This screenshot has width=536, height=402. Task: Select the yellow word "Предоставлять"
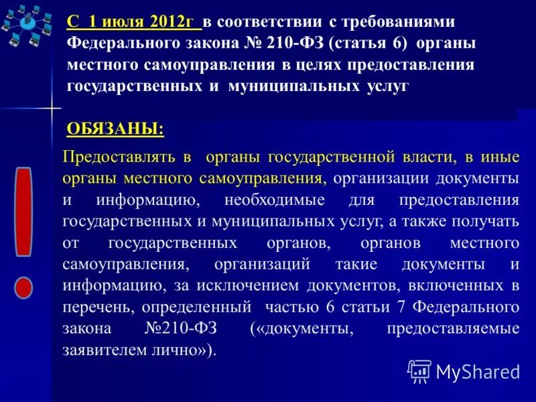[119, 158]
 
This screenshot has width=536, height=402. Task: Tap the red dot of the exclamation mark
[23, 288]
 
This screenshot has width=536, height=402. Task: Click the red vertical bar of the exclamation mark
[24, 212]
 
